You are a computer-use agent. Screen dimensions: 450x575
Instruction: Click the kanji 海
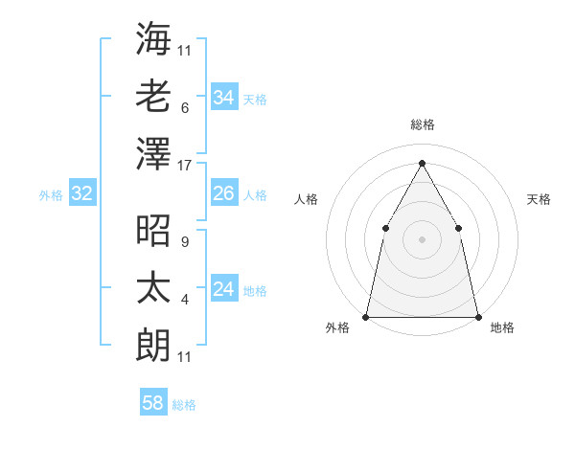154,37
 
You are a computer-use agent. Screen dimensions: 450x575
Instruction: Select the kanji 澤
154,153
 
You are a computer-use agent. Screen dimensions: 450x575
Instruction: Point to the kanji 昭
154,231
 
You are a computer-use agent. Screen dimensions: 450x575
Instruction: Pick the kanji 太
154,287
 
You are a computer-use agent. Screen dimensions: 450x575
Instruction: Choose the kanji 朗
154,345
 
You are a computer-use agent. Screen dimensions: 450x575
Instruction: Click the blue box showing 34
223,98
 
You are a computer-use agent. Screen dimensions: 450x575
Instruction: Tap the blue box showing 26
223,194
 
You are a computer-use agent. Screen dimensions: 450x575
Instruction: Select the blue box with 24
223,290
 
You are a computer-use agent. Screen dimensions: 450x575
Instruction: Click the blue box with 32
81,194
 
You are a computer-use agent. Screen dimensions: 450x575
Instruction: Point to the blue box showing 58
152,404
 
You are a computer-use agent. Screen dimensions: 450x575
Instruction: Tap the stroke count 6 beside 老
184,107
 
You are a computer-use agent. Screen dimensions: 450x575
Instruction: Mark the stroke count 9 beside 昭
184,242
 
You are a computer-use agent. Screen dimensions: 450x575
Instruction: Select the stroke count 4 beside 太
184,300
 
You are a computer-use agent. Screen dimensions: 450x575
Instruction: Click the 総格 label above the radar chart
422,124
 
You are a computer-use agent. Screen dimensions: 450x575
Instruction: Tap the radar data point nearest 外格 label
366,316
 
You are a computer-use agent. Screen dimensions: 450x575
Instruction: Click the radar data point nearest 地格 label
477,316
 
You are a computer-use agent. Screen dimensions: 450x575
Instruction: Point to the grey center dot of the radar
422,238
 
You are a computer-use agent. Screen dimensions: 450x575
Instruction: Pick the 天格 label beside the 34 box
255,99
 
